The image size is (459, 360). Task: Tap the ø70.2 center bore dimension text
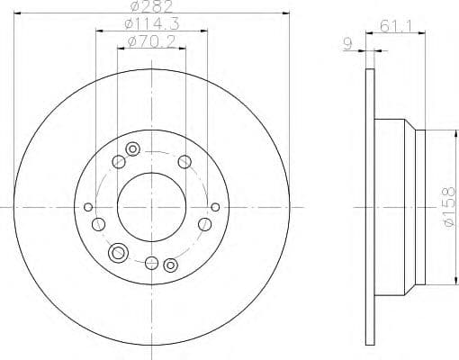(x=151, y=41)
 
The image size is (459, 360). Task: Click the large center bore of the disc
(x=150, y=207)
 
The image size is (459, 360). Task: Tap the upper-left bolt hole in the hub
(x=118, y=162)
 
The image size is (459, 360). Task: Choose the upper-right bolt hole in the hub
(x=184, y=162)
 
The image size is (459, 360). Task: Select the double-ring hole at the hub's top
(x=133, y=148)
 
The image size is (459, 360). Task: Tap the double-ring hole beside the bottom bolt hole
(x=169, y=265)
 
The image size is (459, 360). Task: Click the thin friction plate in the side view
(x=369, y=207)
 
